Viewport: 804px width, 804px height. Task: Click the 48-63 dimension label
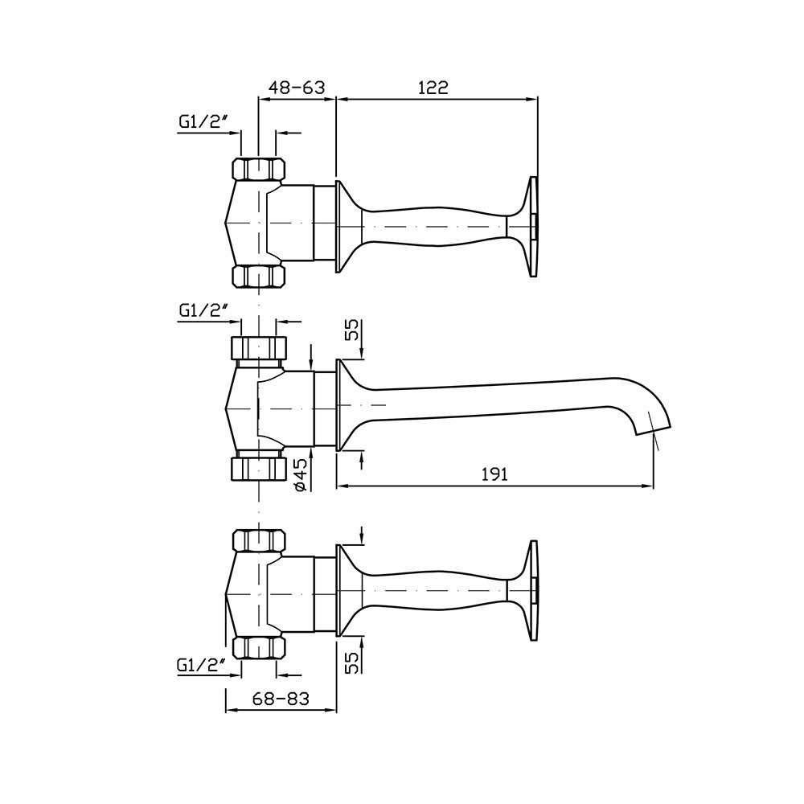click(296, 88)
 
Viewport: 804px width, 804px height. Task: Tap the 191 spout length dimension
click(494, 474)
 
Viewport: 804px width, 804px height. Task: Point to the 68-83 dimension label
click(279, 699)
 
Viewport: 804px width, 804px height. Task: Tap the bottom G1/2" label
click(198, 666)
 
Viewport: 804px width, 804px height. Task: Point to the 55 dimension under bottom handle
click(350, 661)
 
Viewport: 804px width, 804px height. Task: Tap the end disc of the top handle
click(533, 228)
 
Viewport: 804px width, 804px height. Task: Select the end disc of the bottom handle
click(533, 591)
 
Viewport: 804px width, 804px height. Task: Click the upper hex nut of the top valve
click(259, 170)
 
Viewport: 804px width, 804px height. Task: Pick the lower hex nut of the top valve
click(259, 276)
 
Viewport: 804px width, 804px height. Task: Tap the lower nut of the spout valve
click(259, 466)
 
